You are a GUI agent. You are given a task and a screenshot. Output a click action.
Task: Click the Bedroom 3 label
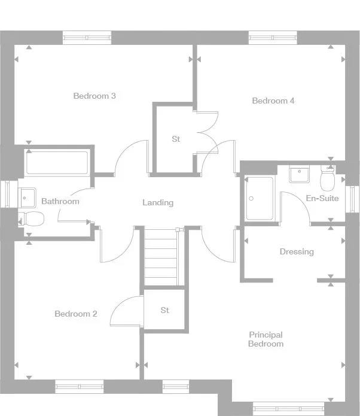click(x=94, y=96)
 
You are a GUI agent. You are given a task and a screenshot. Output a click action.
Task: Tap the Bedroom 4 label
click(x=273, y=101)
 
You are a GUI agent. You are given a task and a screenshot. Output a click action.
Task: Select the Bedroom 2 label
click(x=76, y=314)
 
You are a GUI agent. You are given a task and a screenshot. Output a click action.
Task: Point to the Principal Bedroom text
click(x=266, y=339)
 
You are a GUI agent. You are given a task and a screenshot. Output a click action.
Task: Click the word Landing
click(x=158, y=203)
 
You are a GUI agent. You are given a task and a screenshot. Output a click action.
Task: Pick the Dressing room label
click(x=297, y=252)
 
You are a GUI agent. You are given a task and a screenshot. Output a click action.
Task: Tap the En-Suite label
click(x=322, y=198)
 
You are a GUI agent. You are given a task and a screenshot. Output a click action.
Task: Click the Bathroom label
click(x=60, y=202)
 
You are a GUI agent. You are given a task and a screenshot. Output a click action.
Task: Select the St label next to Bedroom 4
click(x=176, y=139)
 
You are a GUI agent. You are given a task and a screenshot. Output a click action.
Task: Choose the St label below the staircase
click(x=165, y=311)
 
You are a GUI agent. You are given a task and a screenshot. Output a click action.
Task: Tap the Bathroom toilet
click(x=31, y=218)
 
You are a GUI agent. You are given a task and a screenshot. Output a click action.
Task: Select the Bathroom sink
click(x=26, y=195)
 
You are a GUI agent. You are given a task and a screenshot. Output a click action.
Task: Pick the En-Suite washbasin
click(x=298, y=174)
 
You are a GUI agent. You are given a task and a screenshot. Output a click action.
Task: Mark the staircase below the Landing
click(x=161, y=257)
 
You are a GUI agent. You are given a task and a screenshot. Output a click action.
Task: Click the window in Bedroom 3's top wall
click(x=87, y=38)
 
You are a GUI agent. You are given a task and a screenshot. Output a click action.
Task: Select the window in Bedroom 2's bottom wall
click(x=79, y=387)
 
